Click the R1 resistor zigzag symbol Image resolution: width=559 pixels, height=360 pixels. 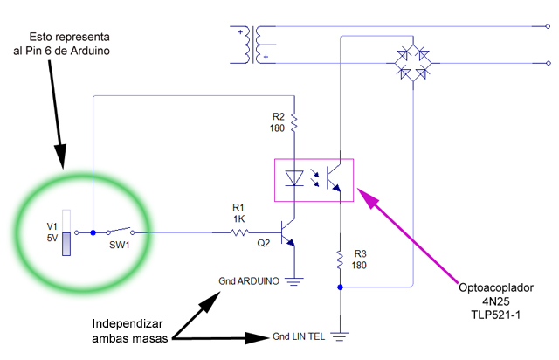(239, 232)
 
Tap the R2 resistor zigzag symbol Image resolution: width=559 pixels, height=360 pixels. (294, 122)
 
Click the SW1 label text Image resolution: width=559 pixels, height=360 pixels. (119, 246)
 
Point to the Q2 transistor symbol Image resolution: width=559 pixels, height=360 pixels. (288, 233)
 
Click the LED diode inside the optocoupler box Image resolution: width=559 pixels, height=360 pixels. (294, 178)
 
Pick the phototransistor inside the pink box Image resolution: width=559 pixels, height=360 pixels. (334, 177)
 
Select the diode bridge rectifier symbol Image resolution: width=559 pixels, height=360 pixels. (413, 64)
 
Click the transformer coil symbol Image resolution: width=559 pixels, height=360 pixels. (253, 45)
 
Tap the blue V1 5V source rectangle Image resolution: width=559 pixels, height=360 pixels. (66, 244)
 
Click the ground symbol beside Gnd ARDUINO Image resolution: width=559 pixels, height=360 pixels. (294, 282)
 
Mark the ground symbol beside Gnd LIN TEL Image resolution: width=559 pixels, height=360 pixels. (340, 336)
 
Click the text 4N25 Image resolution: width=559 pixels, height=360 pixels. (496, 301)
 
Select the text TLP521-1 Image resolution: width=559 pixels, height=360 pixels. (496, 315)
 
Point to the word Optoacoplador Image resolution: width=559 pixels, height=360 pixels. (496, 288)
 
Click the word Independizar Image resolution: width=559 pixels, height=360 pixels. (128, 323)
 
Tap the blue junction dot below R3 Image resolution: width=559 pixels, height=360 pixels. (340, 287)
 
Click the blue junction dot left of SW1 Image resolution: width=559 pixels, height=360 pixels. (93, 232)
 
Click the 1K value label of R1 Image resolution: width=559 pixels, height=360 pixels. (238, 218)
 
